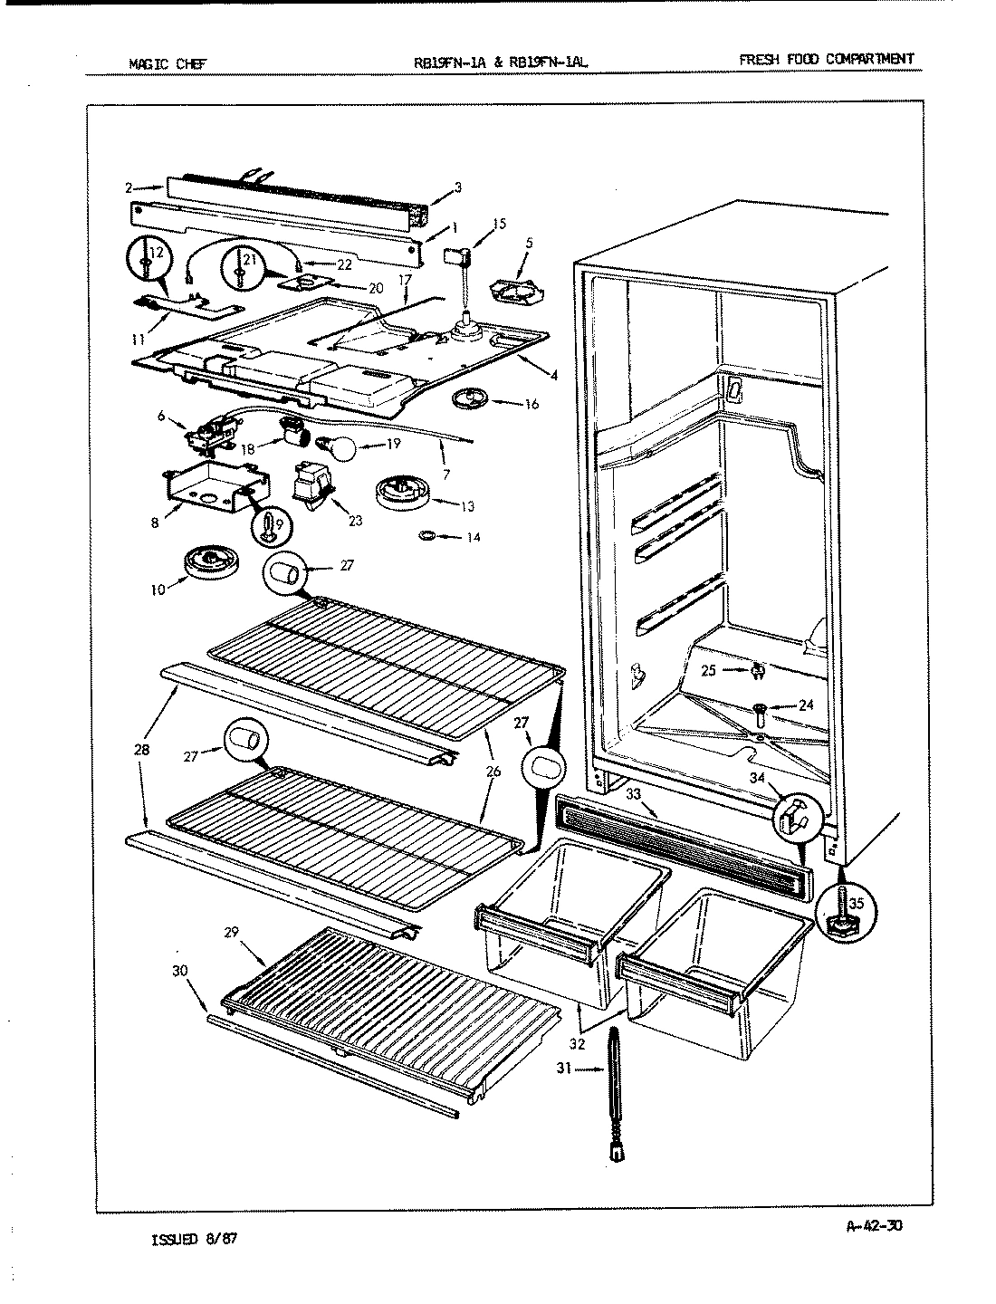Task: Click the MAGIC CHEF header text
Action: [168, 63]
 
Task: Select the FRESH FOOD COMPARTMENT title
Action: [826, 60]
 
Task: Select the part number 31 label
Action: [564, 1069]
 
